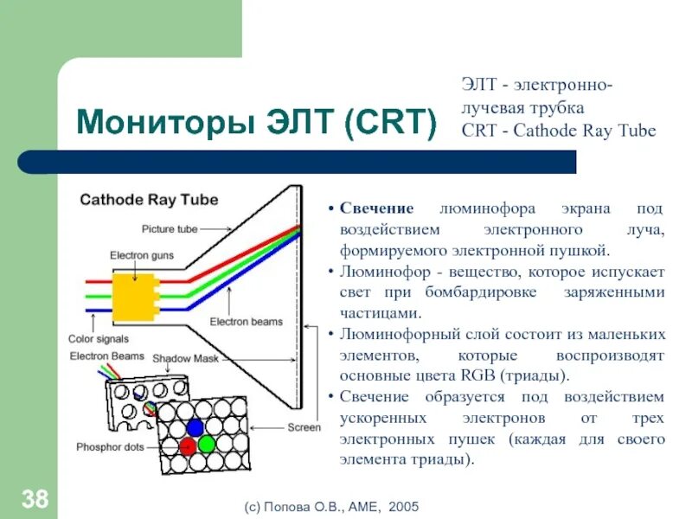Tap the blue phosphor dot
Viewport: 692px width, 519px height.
point(195,426)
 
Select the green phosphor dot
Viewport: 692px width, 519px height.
point(206,445)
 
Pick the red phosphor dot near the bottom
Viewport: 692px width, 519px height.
point(188,446)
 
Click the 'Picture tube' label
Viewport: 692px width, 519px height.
point(170,229)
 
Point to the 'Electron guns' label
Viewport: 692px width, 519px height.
point(139,255)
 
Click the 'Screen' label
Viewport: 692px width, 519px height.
point(304,427)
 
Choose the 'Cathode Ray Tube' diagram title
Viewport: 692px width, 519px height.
point(149,200)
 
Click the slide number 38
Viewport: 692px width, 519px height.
point(34,498)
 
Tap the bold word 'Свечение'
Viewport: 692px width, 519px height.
point(376,209)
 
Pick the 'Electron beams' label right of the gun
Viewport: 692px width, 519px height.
point(247,322)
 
